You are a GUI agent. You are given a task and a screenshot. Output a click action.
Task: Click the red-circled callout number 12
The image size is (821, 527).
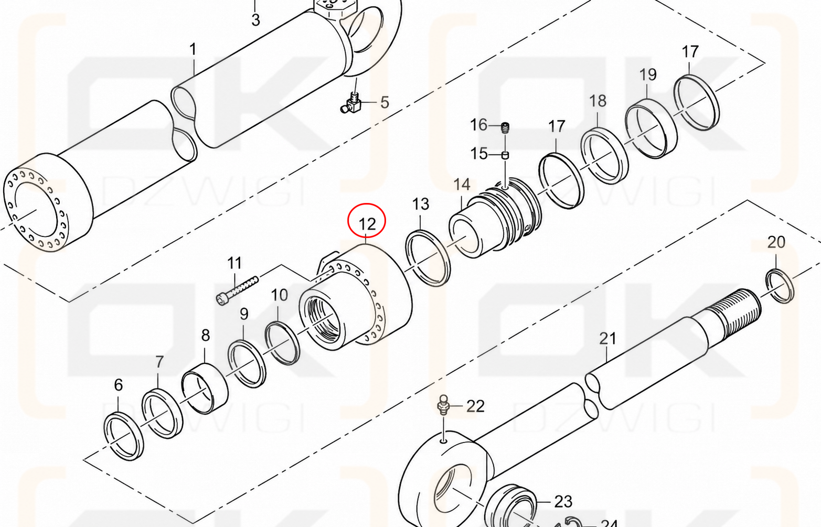[367, 224]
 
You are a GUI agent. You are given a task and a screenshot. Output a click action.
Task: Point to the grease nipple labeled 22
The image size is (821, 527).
[443, 405]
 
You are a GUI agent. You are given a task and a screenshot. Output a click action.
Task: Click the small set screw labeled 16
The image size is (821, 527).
[505, 127]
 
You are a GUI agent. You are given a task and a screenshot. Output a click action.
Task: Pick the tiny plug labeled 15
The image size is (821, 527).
[505, 155]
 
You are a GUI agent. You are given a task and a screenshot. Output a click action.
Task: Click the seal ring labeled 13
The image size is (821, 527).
[428, 257]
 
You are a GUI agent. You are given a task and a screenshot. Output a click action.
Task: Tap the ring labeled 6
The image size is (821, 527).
[124, 436]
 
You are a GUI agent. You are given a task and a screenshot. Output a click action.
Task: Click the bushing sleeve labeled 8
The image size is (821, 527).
[205, 389]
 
